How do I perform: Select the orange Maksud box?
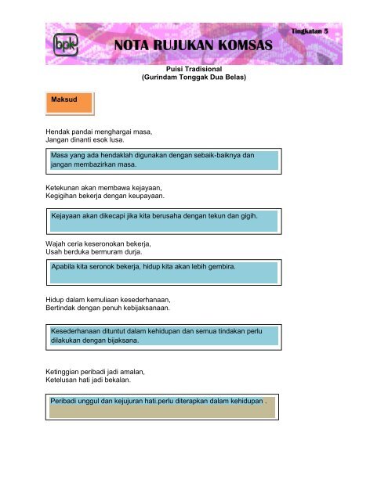pos(69,103)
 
